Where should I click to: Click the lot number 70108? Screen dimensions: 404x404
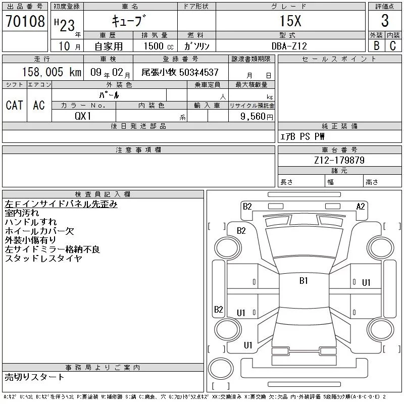25,21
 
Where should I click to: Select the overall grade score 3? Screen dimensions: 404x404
385,21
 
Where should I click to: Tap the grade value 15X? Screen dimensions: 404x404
290,21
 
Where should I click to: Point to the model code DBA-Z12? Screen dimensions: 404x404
289,46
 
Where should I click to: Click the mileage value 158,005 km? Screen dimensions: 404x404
52,72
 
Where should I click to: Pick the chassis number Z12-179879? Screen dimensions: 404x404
339,160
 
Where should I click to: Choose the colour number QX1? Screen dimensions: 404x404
83,116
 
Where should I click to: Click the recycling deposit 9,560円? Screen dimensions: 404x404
257,117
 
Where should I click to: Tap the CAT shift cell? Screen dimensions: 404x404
15,105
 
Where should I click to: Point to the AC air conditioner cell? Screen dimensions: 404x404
39,105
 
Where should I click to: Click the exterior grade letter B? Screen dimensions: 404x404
377,45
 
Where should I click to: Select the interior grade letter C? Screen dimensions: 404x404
393,45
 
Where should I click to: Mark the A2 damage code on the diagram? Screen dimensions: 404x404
361,207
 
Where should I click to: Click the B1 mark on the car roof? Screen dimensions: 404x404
304,280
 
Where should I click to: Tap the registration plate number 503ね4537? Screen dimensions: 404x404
198,72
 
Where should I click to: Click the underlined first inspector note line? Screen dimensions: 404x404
61,204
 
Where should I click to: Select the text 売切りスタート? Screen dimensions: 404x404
34,377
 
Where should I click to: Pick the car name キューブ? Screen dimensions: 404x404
129,21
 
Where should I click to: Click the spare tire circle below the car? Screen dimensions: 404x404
221,369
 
